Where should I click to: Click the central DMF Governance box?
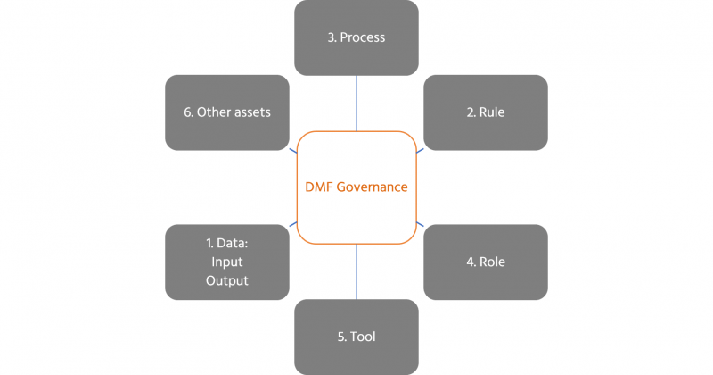356,187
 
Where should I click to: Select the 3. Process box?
356,37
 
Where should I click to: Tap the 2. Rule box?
485,112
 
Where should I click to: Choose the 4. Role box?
485,262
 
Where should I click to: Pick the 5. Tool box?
356,337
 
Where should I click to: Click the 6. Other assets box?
226,112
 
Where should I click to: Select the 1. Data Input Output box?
226,262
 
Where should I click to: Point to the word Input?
226,262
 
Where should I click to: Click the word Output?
226,280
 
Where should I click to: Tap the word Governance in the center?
374,187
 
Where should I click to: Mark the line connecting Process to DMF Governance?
356,103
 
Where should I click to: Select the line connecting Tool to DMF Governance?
356,271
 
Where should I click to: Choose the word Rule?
491,112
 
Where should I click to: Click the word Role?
491,262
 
